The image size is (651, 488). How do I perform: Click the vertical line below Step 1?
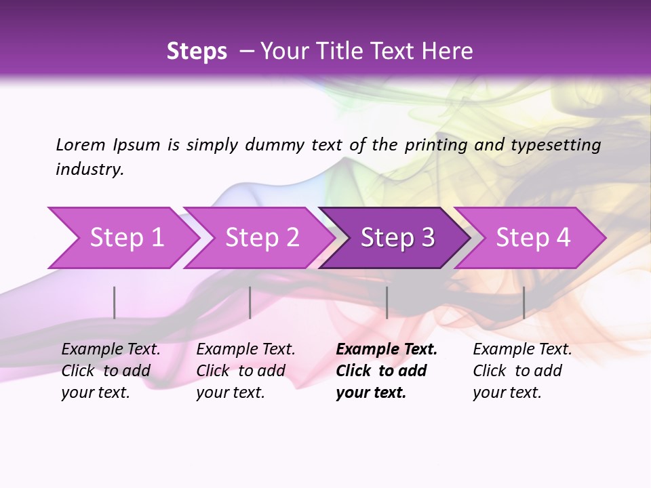[115, 302]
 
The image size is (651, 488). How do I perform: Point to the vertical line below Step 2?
[250, 302]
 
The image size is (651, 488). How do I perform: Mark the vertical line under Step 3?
[387, 302]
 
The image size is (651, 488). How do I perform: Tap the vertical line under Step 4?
[524, 302]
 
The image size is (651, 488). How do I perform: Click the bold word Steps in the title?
[197, 52]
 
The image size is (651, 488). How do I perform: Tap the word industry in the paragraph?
[90, 169]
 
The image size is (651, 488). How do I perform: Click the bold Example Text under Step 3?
[387, 350]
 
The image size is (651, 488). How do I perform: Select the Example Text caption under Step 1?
[111, 350]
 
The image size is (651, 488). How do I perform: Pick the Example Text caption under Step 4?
[522, 350]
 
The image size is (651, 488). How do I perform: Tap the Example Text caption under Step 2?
[245, 350]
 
